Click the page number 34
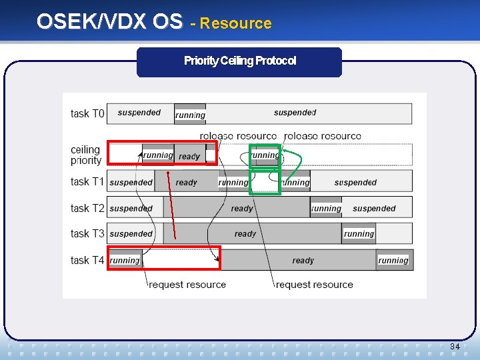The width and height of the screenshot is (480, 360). (455, 347)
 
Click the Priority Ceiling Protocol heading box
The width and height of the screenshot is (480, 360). (239, 61)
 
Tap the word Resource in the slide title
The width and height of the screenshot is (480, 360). (236, 23)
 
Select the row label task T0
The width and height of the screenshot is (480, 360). (87, 113)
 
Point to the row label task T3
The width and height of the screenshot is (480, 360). (87, 234)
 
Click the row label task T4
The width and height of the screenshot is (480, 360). (87, 260)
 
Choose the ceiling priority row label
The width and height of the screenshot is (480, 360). (86, 155)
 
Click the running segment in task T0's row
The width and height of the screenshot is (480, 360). (190, 115)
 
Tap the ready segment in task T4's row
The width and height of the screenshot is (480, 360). (303, 261)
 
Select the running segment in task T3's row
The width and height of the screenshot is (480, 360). (359, 234)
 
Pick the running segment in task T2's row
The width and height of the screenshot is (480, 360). (326, 208)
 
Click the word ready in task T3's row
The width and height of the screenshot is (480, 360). (245, 234)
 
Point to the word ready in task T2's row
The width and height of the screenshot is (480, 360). (242, 208)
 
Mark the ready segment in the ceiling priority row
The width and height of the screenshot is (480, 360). (189, 156)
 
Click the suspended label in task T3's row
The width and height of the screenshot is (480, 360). (131, 234)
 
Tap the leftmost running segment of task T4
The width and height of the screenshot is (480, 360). (125, 260)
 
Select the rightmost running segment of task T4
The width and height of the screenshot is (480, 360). (393, 260)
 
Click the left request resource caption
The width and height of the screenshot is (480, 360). (187, 285)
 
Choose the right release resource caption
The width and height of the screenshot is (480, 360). (323, 136)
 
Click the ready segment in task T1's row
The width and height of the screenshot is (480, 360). (187, 182)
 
